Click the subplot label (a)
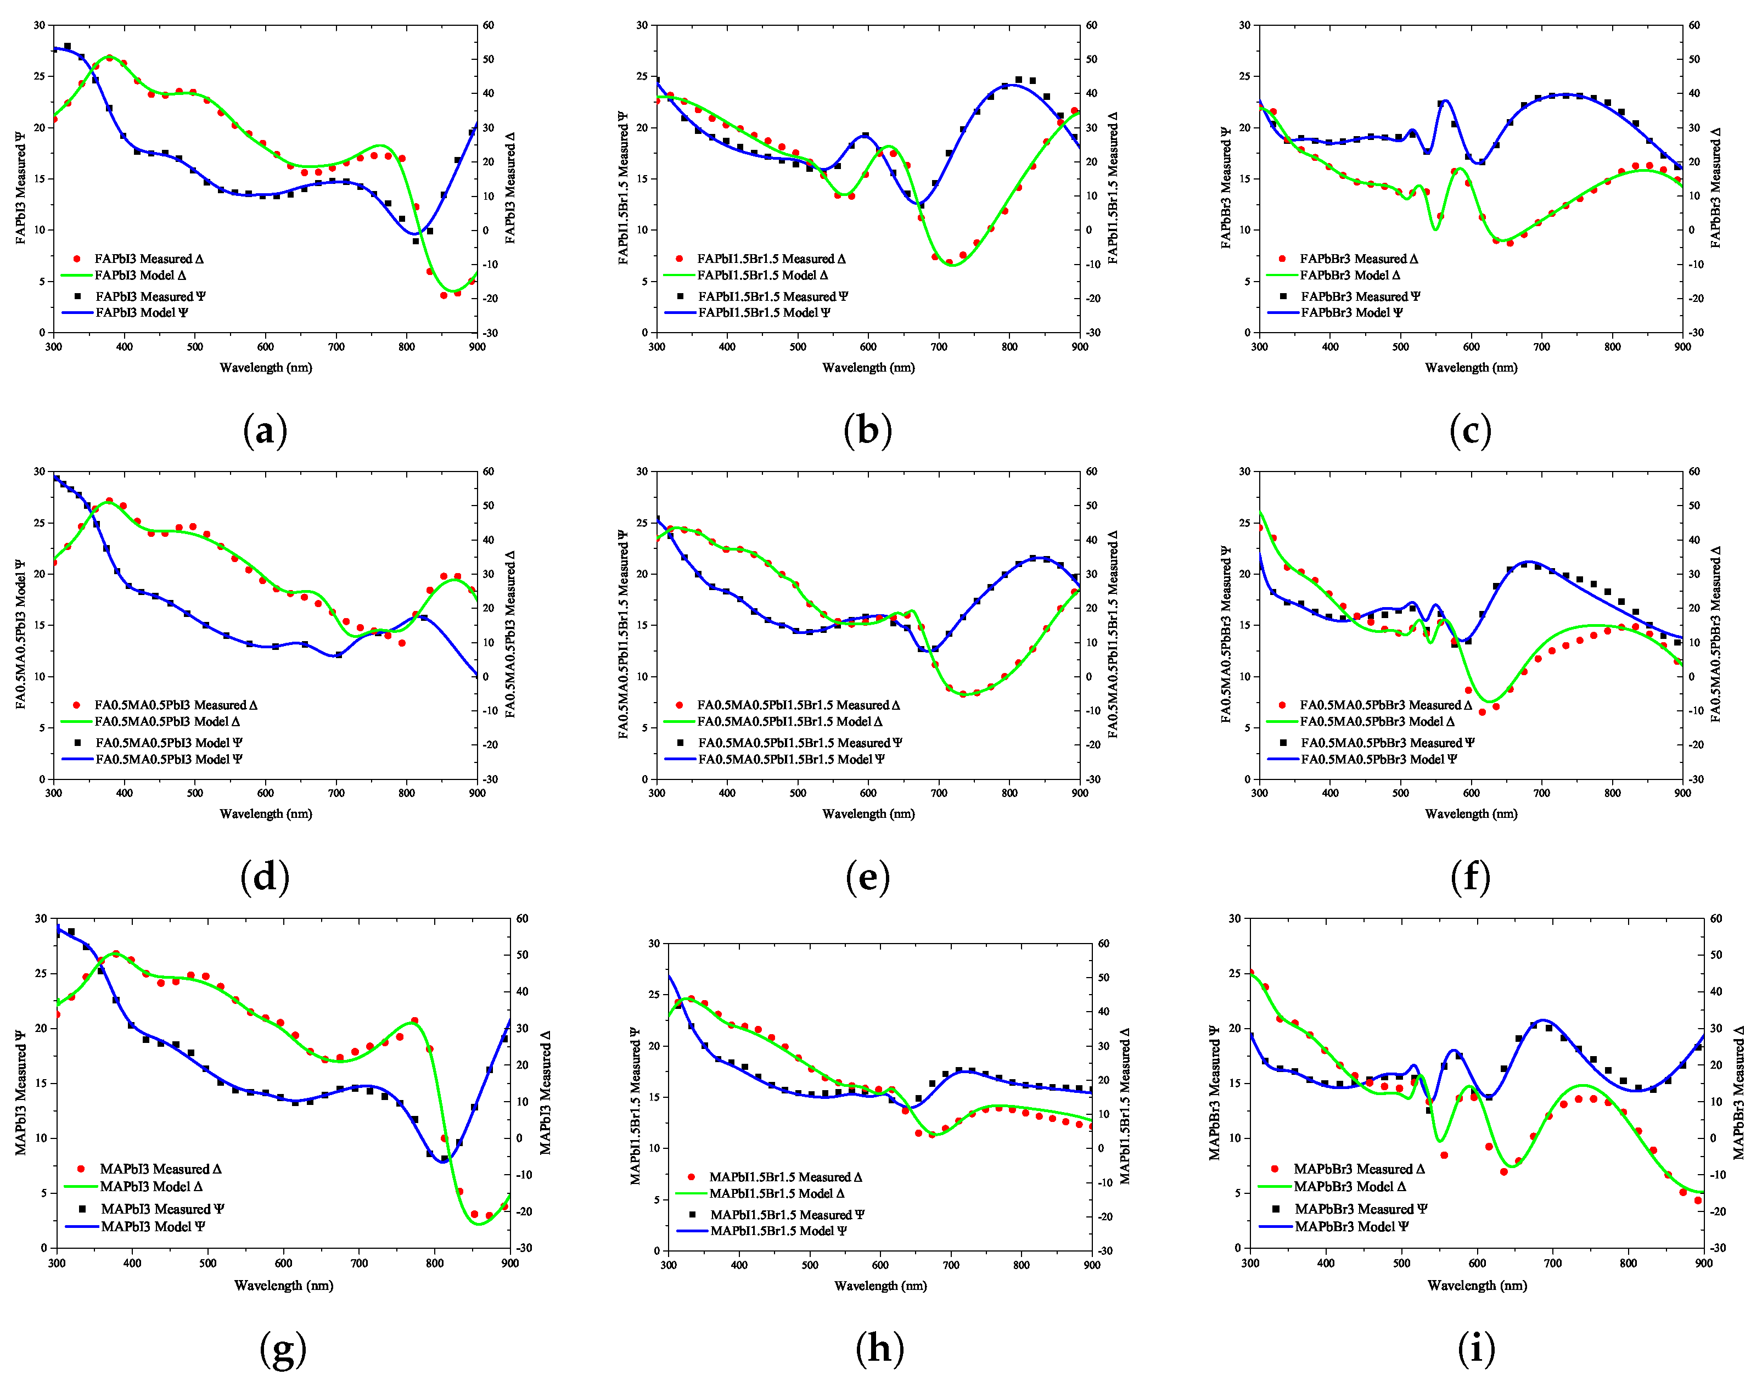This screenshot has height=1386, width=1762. (x=265, y=431)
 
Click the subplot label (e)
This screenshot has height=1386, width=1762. (x=868, y=877)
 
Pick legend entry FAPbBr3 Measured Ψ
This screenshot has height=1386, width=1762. (x=1360, y=296)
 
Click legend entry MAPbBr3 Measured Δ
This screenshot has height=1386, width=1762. (x=1358, y=1169)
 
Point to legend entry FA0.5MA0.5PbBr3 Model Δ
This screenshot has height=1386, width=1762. (x=1377, y=721)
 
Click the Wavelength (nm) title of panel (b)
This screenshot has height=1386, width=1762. (x=868, y=368)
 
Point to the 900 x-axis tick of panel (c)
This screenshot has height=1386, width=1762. (x=1682, y=346)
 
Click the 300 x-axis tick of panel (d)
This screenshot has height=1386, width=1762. (x=54, y=793)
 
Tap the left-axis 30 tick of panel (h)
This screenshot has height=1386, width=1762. (x=655, y=944)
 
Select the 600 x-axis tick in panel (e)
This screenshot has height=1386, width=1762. (x=868, y=793)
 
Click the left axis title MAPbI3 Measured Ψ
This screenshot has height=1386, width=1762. (x=20, y=1092)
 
